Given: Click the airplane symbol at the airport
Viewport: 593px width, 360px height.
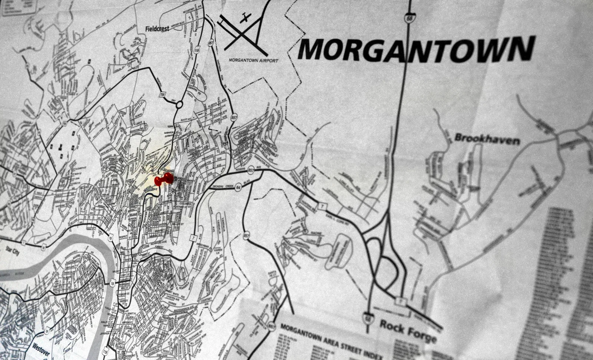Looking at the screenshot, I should tap(244, 17).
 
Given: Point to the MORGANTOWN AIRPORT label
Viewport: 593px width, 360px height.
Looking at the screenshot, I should tap(253, 60).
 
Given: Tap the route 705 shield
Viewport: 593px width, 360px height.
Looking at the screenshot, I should tap(162, 95).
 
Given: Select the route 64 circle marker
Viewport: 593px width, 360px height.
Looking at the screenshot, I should tap(238, 188).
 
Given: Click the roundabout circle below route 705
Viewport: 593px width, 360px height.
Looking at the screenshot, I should tap(179, 105).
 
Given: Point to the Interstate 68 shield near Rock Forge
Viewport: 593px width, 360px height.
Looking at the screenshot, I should tap(367, 317).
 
